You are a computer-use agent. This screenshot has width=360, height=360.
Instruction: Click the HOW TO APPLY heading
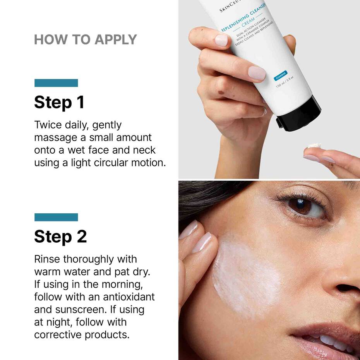click(x=86, y=39)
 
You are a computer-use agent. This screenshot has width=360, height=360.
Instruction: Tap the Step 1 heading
click(x=59, y=102)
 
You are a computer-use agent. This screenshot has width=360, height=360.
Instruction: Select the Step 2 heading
click(x=60, y=236)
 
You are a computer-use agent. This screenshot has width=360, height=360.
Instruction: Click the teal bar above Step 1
click(x=56, y=83)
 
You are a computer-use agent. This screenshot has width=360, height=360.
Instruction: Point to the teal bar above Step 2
click(x=56, y=217)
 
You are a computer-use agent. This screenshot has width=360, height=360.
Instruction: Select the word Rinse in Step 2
click(x=47, y=259)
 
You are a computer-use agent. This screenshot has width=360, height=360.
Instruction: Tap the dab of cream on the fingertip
click(x=315, y=146)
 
